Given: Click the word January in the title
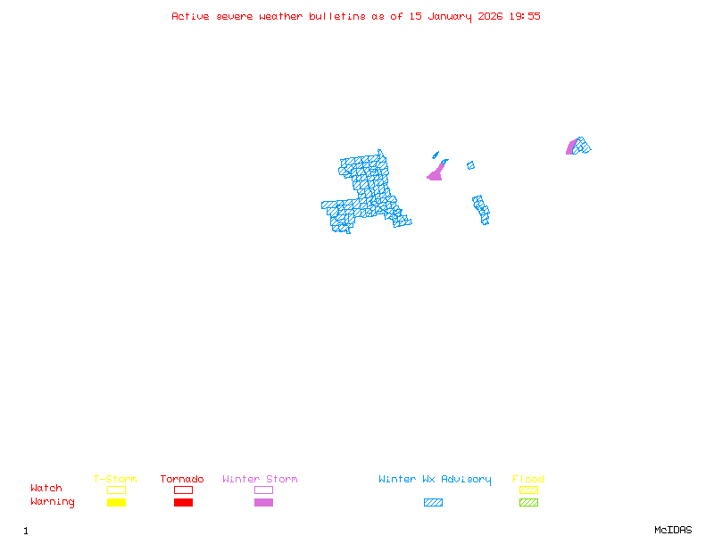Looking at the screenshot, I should click(447, 16).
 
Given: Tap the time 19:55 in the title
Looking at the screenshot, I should click(525, 16).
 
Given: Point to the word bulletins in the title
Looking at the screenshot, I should click(337, 16).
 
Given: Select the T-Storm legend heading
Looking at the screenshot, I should click(115, 480).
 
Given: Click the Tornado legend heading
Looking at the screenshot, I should click(182, 480).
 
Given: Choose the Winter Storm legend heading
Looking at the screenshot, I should click(260, 480).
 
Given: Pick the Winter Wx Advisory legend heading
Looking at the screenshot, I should click(435, 480).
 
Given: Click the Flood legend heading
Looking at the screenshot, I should click(528, 480).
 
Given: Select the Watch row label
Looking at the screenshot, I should click(46, 489).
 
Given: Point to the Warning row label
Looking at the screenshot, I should click(53, 502).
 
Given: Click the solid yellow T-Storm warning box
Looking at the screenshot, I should click(116, 503).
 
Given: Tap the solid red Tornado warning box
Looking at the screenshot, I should click(183, 503).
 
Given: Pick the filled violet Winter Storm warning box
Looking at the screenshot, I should click(263, 503).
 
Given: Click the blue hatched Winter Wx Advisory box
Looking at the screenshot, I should click(433, 503).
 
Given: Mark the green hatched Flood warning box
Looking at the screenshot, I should click(528, 503).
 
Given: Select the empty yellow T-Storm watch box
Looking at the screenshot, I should click(116, 490).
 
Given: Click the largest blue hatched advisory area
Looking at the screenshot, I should click(366, 192).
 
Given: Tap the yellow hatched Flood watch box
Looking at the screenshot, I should click(528, 490).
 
